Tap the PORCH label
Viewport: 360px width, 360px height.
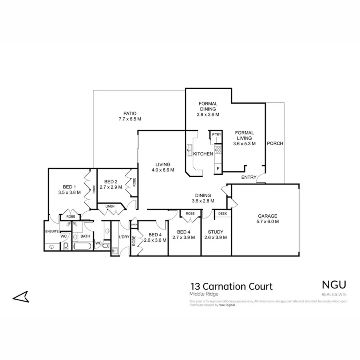tap(275, 144)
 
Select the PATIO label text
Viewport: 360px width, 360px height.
tap(130, 113)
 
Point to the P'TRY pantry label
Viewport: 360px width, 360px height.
tap(216, 134)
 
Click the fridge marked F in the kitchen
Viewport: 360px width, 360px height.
tap(218, 168)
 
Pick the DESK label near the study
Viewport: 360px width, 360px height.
tap(222, 214)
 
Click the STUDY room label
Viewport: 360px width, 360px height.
tap(216, 232)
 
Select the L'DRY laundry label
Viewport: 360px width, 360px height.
tap(124, 237)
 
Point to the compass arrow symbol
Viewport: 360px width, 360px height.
tap(21, 297)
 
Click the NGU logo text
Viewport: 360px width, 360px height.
tap(334, 284)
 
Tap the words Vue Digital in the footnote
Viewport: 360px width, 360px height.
tap(227, 305)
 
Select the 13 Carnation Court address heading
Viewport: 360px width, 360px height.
tap(232, 286)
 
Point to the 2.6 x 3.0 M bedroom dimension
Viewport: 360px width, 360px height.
tap(154, 240)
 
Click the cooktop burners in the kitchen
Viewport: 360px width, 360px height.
tap(218, 150)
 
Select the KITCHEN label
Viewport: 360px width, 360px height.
tap(203, 154)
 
